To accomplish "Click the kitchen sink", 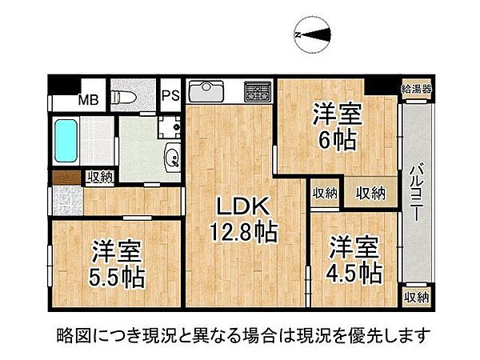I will pyautogui.click(x=207, y=86).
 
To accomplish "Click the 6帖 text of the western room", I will pyautogui.click(x=336, y=140).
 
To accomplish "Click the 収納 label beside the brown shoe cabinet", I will pyautogui.click(x=99, y=177).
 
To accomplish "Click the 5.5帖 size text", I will pyautogui.click(x=117, y=277).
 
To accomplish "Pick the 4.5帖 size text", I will pyautogui.click(x=352, y=273).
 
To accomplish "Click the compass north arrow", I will pyautogui.click(x=312, y=34).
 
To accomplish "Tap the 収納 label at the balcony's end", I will pyautogui.click(x=415, y=298).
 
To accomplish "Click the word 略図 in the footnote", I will pyautogui.click(x=75, y=333).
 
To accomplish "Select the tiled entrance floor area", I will pyautogui.click(x=67, y=200).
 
